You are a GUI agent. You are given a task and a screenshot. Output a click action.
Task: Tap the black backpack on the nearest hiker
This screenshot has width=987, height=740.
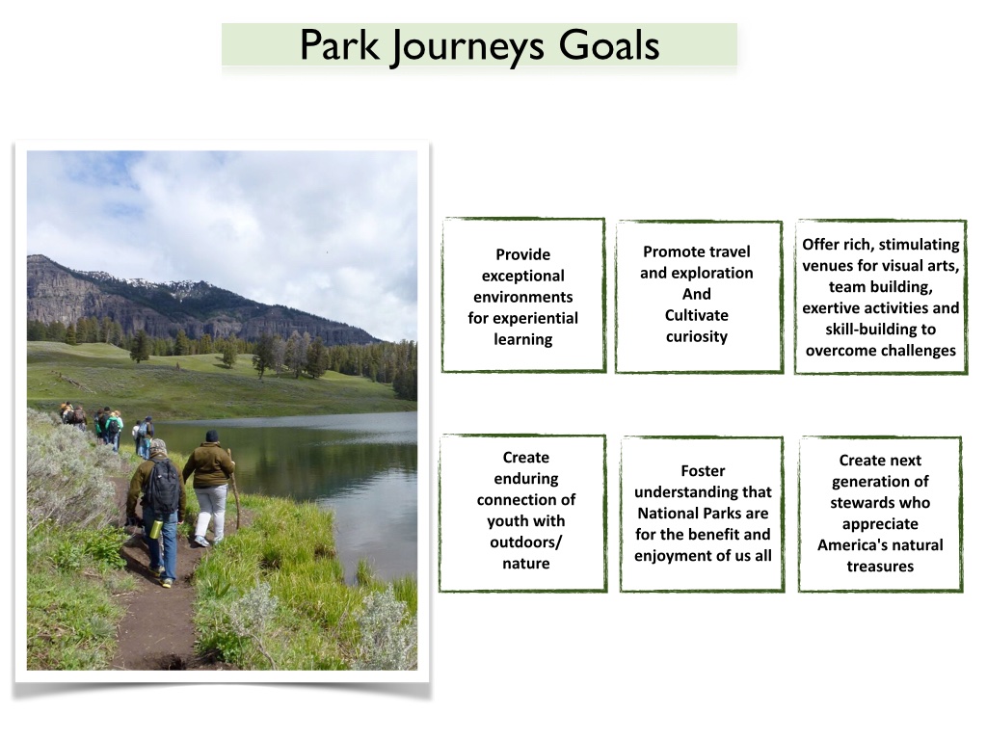(163, 487)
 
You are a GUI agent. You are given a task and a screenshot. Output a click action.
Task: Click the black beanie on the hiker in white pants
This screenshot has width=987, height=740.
(212, 436)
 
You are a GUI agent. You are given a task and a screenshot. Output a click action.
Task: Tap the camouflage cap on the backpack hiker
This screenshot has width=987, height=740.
(158, 447)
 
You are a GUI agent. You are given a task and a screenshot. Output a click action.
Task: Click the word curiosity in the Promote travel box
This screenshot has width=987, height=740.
(697, 336)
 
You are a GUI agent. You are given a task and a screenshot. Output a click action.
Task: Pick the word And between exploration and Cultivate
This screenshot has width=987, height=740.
(697, 294)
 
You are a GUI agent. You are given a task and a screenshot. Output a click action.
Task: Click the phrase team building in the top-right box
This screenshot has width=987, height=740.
(880, 287)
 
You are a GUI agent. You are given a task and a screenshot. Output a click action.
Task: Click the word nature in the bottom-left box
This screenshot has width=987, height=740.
(525, 564)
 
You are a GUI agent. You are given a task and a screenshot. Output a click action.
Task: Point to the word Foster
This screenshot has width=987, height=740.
(703, 471)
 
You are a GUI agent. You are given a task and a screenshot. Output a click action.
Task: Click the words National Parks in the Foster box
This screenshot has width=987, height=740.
(703, 514)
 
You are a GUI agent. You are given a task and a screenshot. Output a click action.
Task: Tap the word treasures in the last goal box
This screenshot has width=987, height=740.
(880, 567)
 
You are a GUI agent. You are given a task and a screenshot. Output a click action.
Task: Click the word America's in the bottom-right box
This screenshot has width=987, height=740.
(852, 545)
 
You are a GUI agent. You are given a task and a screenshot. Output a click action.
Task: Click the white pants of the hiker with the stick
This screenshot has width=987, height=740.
(211, 511)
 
